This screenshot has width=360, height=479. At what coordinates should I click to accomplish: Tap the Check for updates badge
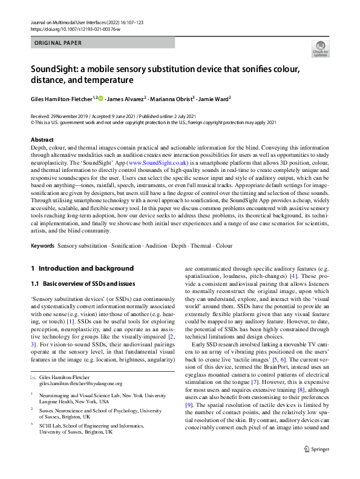pyautogui.click(x=319, y=50)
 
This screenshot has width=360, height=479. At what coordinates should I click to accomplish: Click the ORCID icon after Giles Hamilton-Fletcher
pyautogui.click(x=100, y=98)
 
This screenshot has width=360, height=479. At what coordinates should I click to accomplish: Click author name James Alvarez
pyautogui.click(x=126, y=99)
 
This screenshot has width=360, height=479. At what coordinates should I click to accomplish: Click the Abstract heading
pyautogui.click(x=42, y=139)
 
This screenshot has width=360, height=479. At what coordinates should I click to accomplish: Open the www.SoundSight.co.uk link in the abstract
pyautogui.click(x=157, y=163)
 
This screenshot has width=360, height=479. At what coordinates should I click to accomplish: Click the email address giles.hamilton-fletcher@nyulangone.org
pyautogui.click(x=80, y=383)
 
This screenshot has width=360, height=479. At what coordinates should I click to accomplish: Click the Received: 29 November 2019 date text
pyautogui.click(x=68, y=116)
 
